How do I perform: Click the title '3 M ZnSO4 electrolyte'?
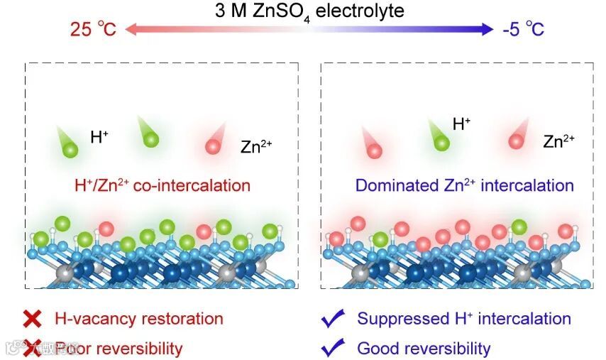309,11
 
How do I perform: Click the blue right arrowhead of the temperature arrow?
487,29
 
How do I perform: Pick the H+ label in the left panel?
99,136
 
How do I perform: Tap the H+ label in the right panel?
461,124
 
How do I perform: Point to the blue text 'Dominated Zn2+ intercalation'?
464,185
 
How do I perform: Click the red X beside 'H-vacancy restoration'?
33,319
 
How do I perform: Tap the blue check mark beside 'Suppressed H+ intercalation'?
333,319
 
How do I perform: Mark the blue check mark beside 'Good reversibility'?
333,348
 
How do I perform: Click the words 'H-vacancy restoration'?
138,319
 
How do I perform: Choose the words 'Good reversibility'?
424,348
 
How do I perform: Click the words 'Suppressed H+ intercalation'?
464,319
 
